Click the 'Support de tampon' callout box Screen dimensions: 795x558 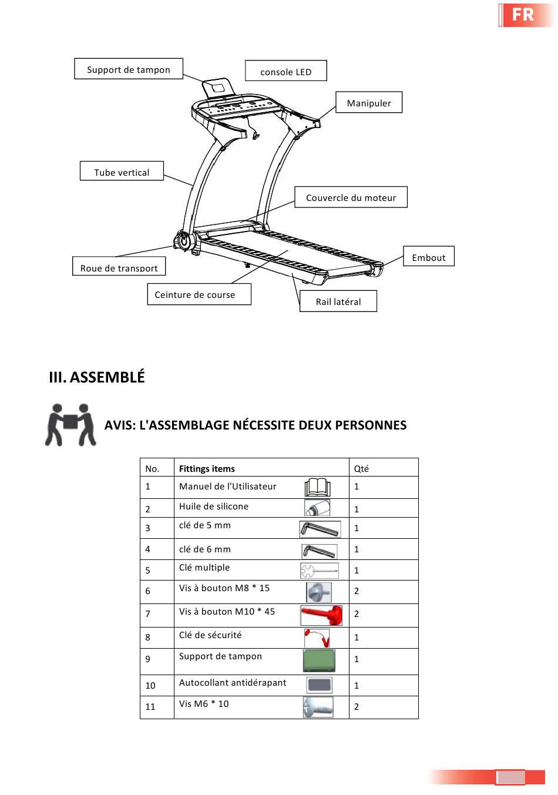point(129,69)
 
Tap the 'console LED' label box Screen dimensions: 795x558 point(286,71)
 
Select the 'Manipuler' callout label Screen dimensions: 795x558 point(369,103)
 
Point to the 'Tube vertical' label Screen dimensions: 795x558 point(122,172)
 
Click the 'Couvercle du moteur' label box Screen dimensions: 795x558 point(351,197)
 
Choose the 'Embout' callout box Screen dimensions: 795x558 point(429,257)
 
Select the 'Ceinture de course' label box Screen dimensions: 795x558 point(194,294)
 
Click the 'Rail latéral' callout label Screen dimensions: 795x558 point(338,301)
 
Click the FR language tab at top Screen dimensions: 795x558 point(523,15)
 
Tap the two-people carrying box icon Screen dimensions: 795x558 point(70,424)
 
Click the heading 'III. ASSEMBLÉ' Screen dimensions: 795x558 point(97,377)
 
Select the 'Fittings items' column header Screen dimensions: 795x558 point(207,468)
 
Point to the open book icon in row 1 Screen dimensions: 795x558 point(318,487)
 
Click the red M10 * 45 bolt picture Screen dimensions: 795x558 point(321,615)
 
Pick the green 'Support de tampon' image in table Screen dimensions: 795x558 point(319,660)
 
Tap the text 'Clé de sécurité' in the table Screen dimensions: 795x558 point(210,635)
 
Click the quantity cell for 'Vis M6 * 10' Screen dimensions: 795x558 point(357,706)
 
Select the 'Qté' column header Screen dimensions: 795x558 point(361,468)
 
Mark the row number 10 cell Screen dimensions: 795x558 point(150,685)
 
